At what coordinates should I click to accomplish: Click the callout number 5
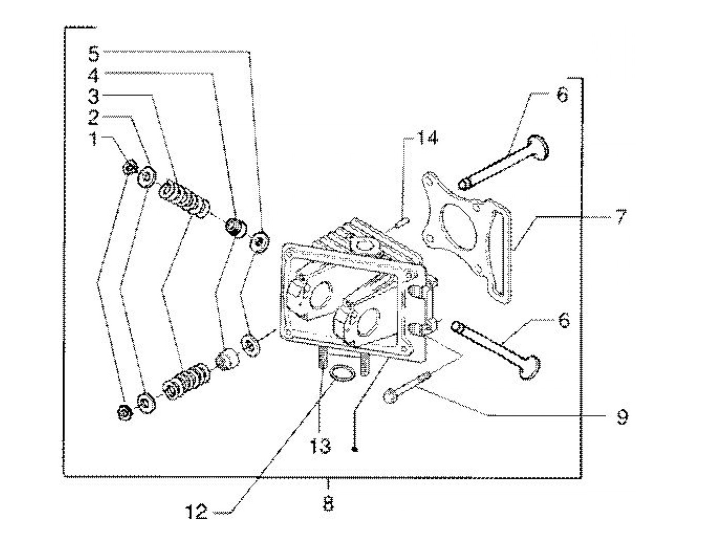tap(94, 54)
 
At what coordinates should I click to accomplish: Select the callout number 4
tap(94, 75)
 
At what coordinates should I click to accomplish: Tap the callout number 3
tap(94, 97)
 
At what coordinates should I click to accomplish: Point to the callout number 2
tap(94, 118)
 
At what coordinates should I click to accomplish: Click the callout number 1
tap(95, 138)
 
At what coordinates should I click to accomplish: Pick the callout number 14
tap(427, 138)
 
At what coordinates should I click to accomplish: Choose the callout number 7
tap(621, 217)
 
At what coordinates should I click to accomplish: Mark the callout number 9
tap(622, 417)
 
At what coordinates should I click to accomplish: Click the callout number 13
tap(321, 446)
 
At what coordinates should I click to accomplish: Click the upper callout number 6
tap(562, 95)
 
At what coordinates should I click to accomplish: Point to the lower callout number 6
tap(563, 320)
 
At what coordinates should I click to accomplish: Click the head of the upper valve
tap(538, 148)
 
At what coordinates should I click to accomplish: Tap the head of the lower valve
tap(530, 368)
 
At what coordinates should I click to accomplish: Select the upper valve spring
tap(184, 199)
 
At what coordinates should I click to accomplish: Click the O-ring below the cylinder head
tap(342, 374)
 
